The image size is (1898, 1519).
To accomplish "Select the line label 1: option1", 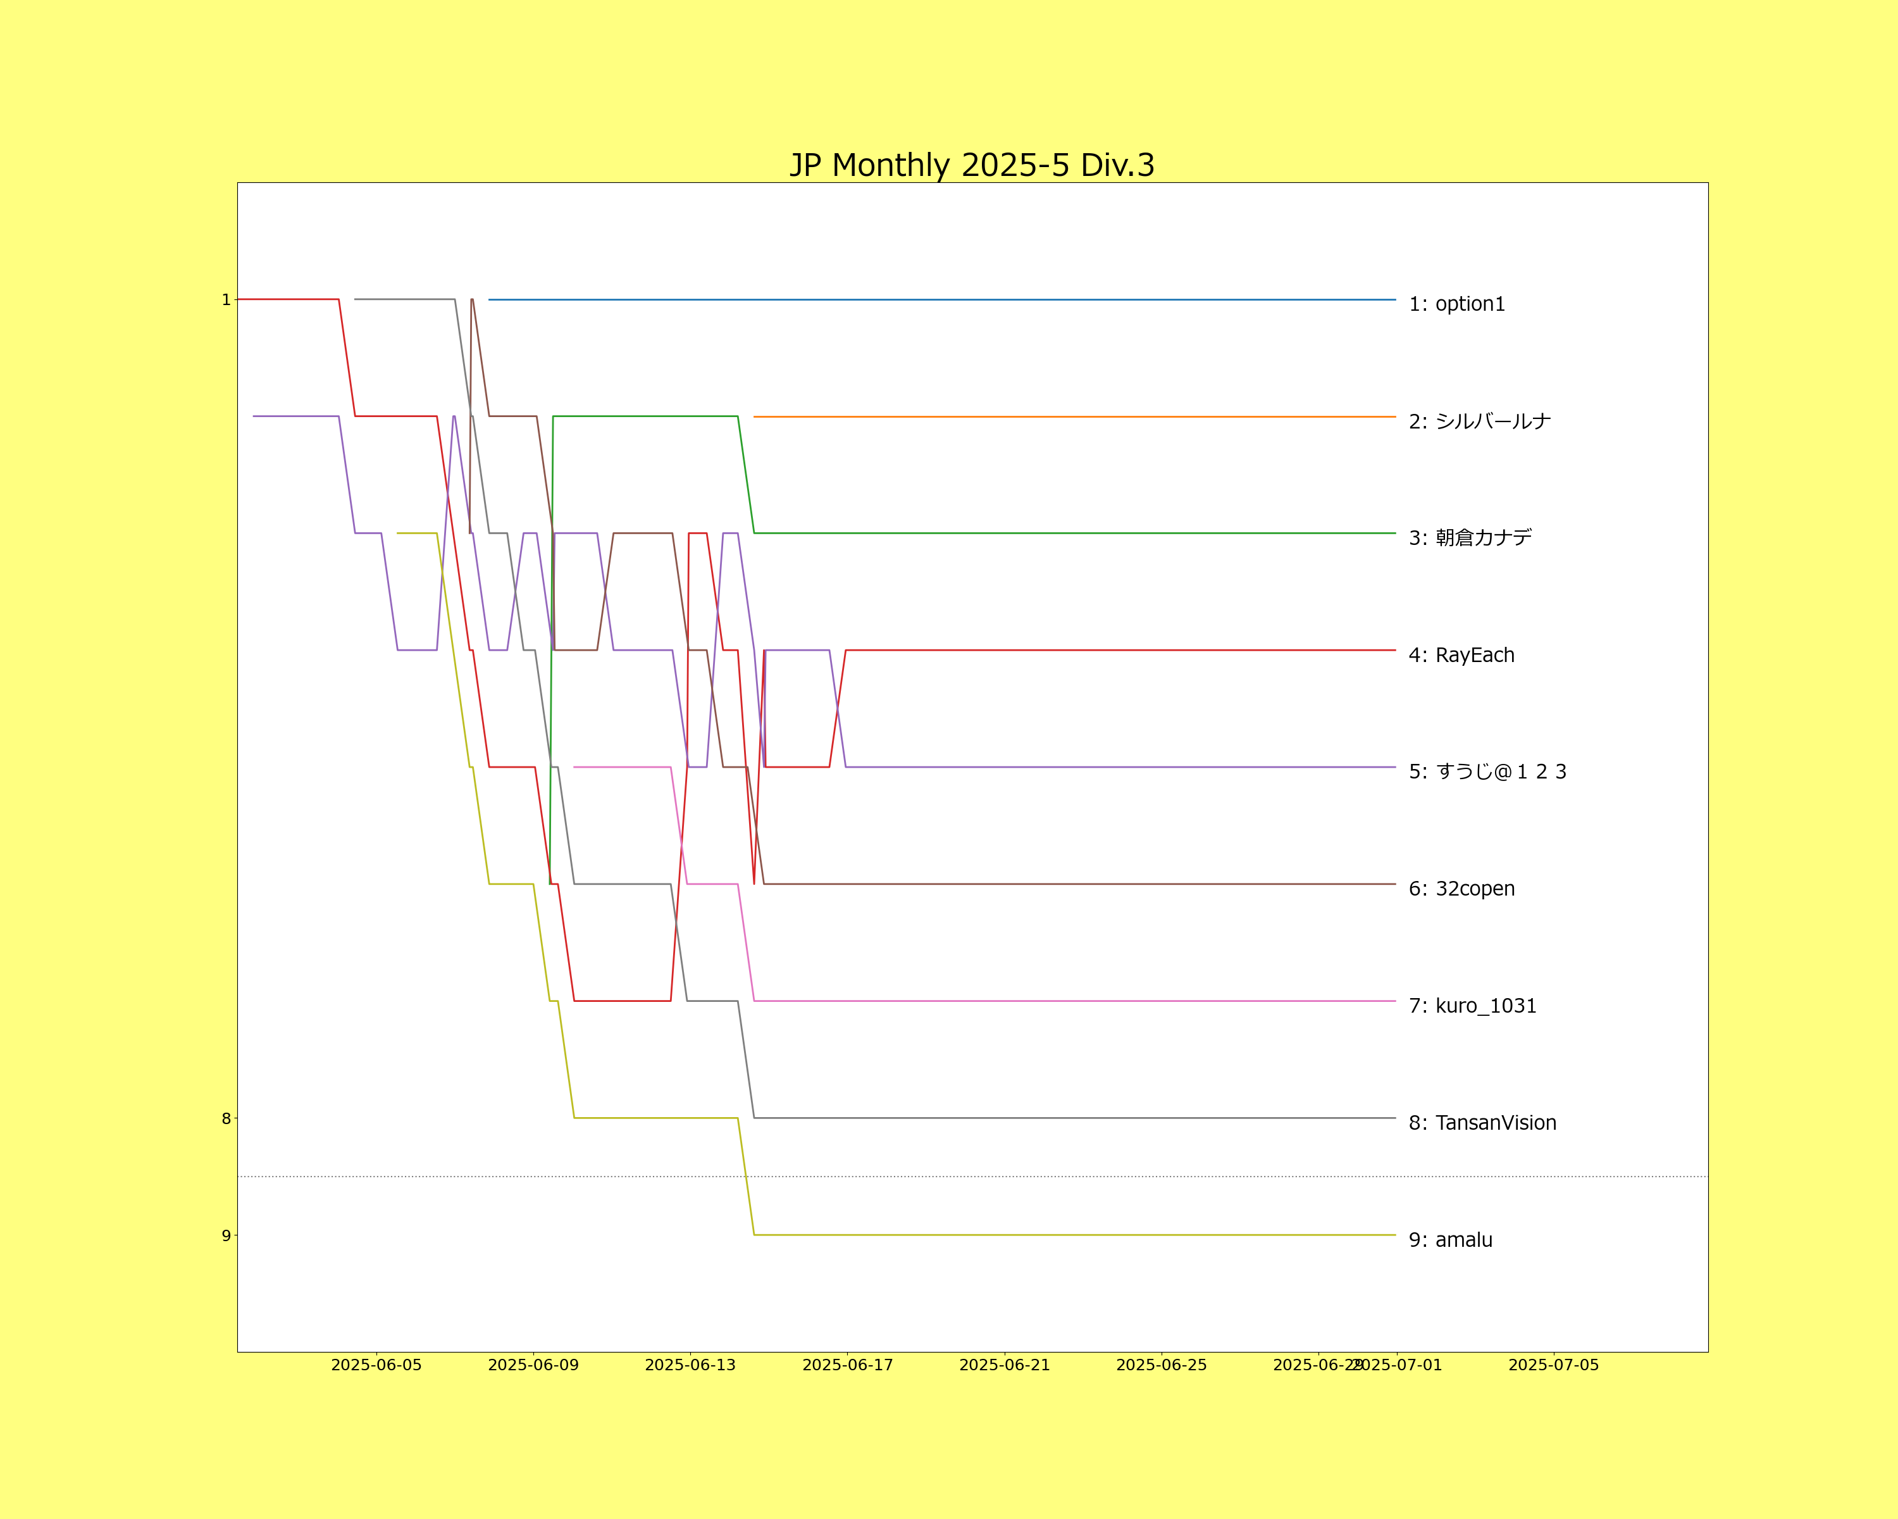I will tap(1457, 304).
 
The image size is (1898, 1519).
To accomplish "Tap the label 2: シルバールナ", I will tap(1480, 421).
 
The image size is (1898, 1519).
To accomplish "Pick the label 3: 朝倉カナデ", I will tap(1470, 537).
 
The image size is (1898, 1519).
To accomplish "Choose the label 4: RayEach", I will tap(1461, 655).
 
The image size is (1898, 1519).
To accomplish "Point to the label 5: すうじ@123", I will tap(1488, 772).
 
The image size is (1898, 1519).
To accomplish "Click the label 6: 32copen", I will tap(1461, 889).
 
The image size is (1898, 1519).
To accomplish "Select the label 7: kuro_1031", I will tap(1473, 1006).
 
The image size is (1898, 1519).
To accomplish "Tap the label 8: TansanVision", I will tap(1482, 1123).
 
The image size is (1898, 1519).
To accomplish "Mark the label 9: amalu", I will tap(1451, 1240).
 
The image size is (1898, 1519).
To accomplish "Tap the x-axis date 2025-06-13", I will tap(690, 1365).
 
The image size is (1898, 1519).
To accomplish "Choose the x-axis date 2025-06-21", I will tap(1005, 1365).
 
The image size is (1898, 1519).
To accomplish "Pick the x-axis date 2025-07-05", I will tap(1554, 1365).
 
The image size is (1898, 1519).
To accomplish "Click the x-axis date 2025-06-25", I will tap(1161, 1365).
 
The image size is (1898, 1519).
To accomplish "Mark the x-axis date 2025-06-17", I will tap(848, 1365).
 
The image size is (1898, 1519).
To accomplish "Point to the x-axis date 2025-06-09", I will tap(533, 1365).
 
